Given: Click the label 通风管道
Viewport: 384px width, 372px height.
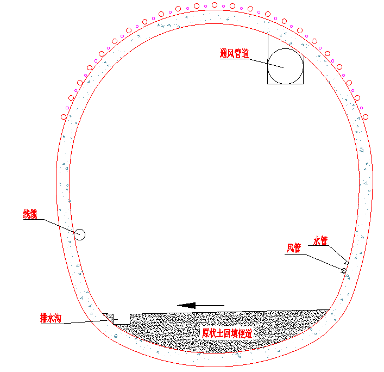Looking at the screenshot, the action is coord(235,53).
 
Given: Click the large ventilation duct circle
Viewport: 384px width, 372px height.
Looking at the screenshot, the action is coord(285,48).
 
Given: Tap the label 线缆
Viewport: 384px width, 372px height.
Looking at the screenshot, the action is coord(30,214).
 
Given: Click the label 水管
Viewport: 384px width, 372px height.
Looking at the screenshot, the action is coord(320,240).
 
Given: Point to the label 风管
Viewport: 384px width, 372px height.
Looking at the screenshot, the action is coord(294,248).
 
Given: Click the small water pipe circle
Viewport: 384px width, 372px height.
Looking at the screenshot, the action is coord(347,263).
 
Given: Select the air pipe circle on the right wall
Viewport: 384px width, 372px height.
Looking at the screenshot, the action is coord(344,271).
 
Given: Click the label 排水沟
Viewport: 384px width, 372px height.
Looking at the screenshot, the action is coord(51,318).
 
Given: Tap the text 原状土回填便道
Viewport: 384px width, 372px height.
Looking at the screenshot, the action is coord(227,333).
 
